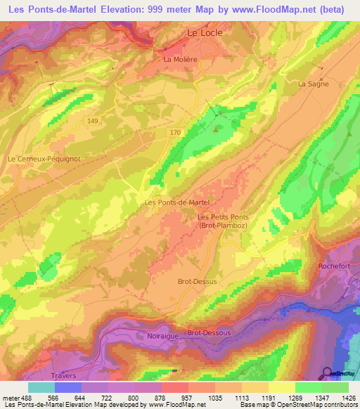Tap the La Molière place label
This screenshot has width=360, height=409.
[x=179, y=60]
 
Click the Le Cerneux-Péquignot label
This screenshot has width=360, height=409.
[x=44, y=159]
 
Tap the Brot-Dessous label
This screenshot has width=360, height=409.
[x=208, y=333]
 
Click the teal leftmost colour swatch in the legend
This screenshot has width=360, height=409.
[x=41, y=387]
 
